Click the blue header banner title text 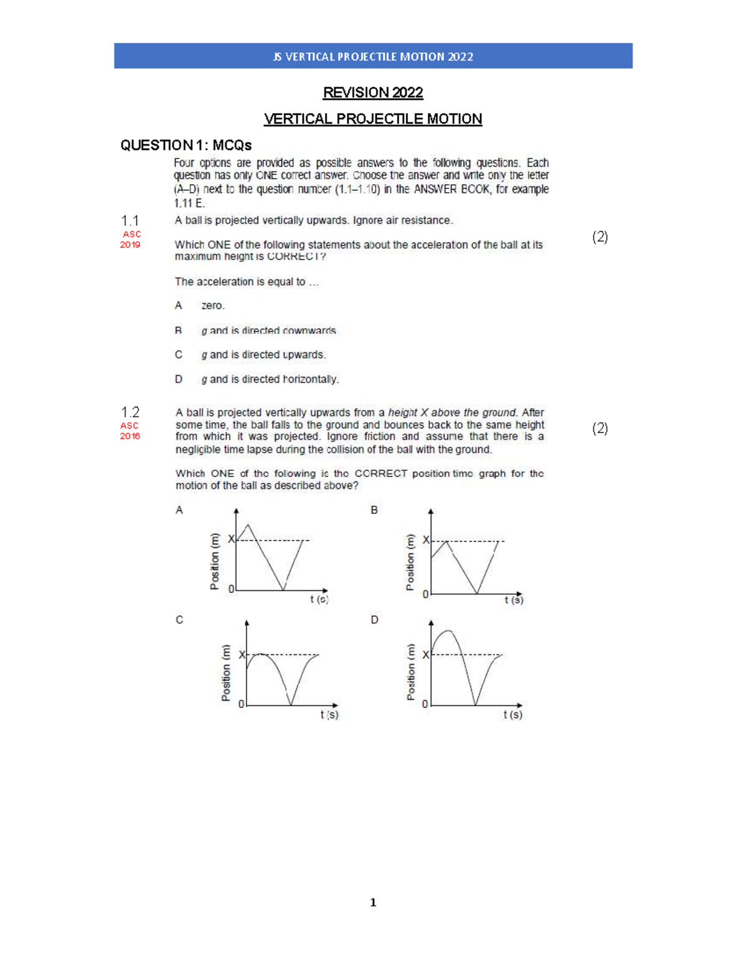373,57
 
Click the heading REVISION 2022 373,93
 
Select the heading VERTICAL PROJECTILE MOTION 373,119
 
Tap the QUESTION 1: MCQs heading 186,146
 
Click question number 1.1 129,221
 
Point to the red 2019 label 130,245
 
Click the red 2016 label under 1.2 130,436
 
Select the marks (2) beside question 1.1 599,236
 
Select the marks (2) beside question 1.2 599,428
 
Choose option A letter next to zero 179,305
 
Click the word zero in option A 213,305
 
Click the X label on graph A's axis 231,539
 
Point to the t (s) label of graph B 514,600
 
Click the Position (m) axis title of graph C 226,673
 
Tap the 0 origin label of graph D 425,704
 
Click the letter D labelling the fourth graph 374,620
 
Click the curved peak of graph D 448,632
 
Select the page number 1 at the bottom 373,903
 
